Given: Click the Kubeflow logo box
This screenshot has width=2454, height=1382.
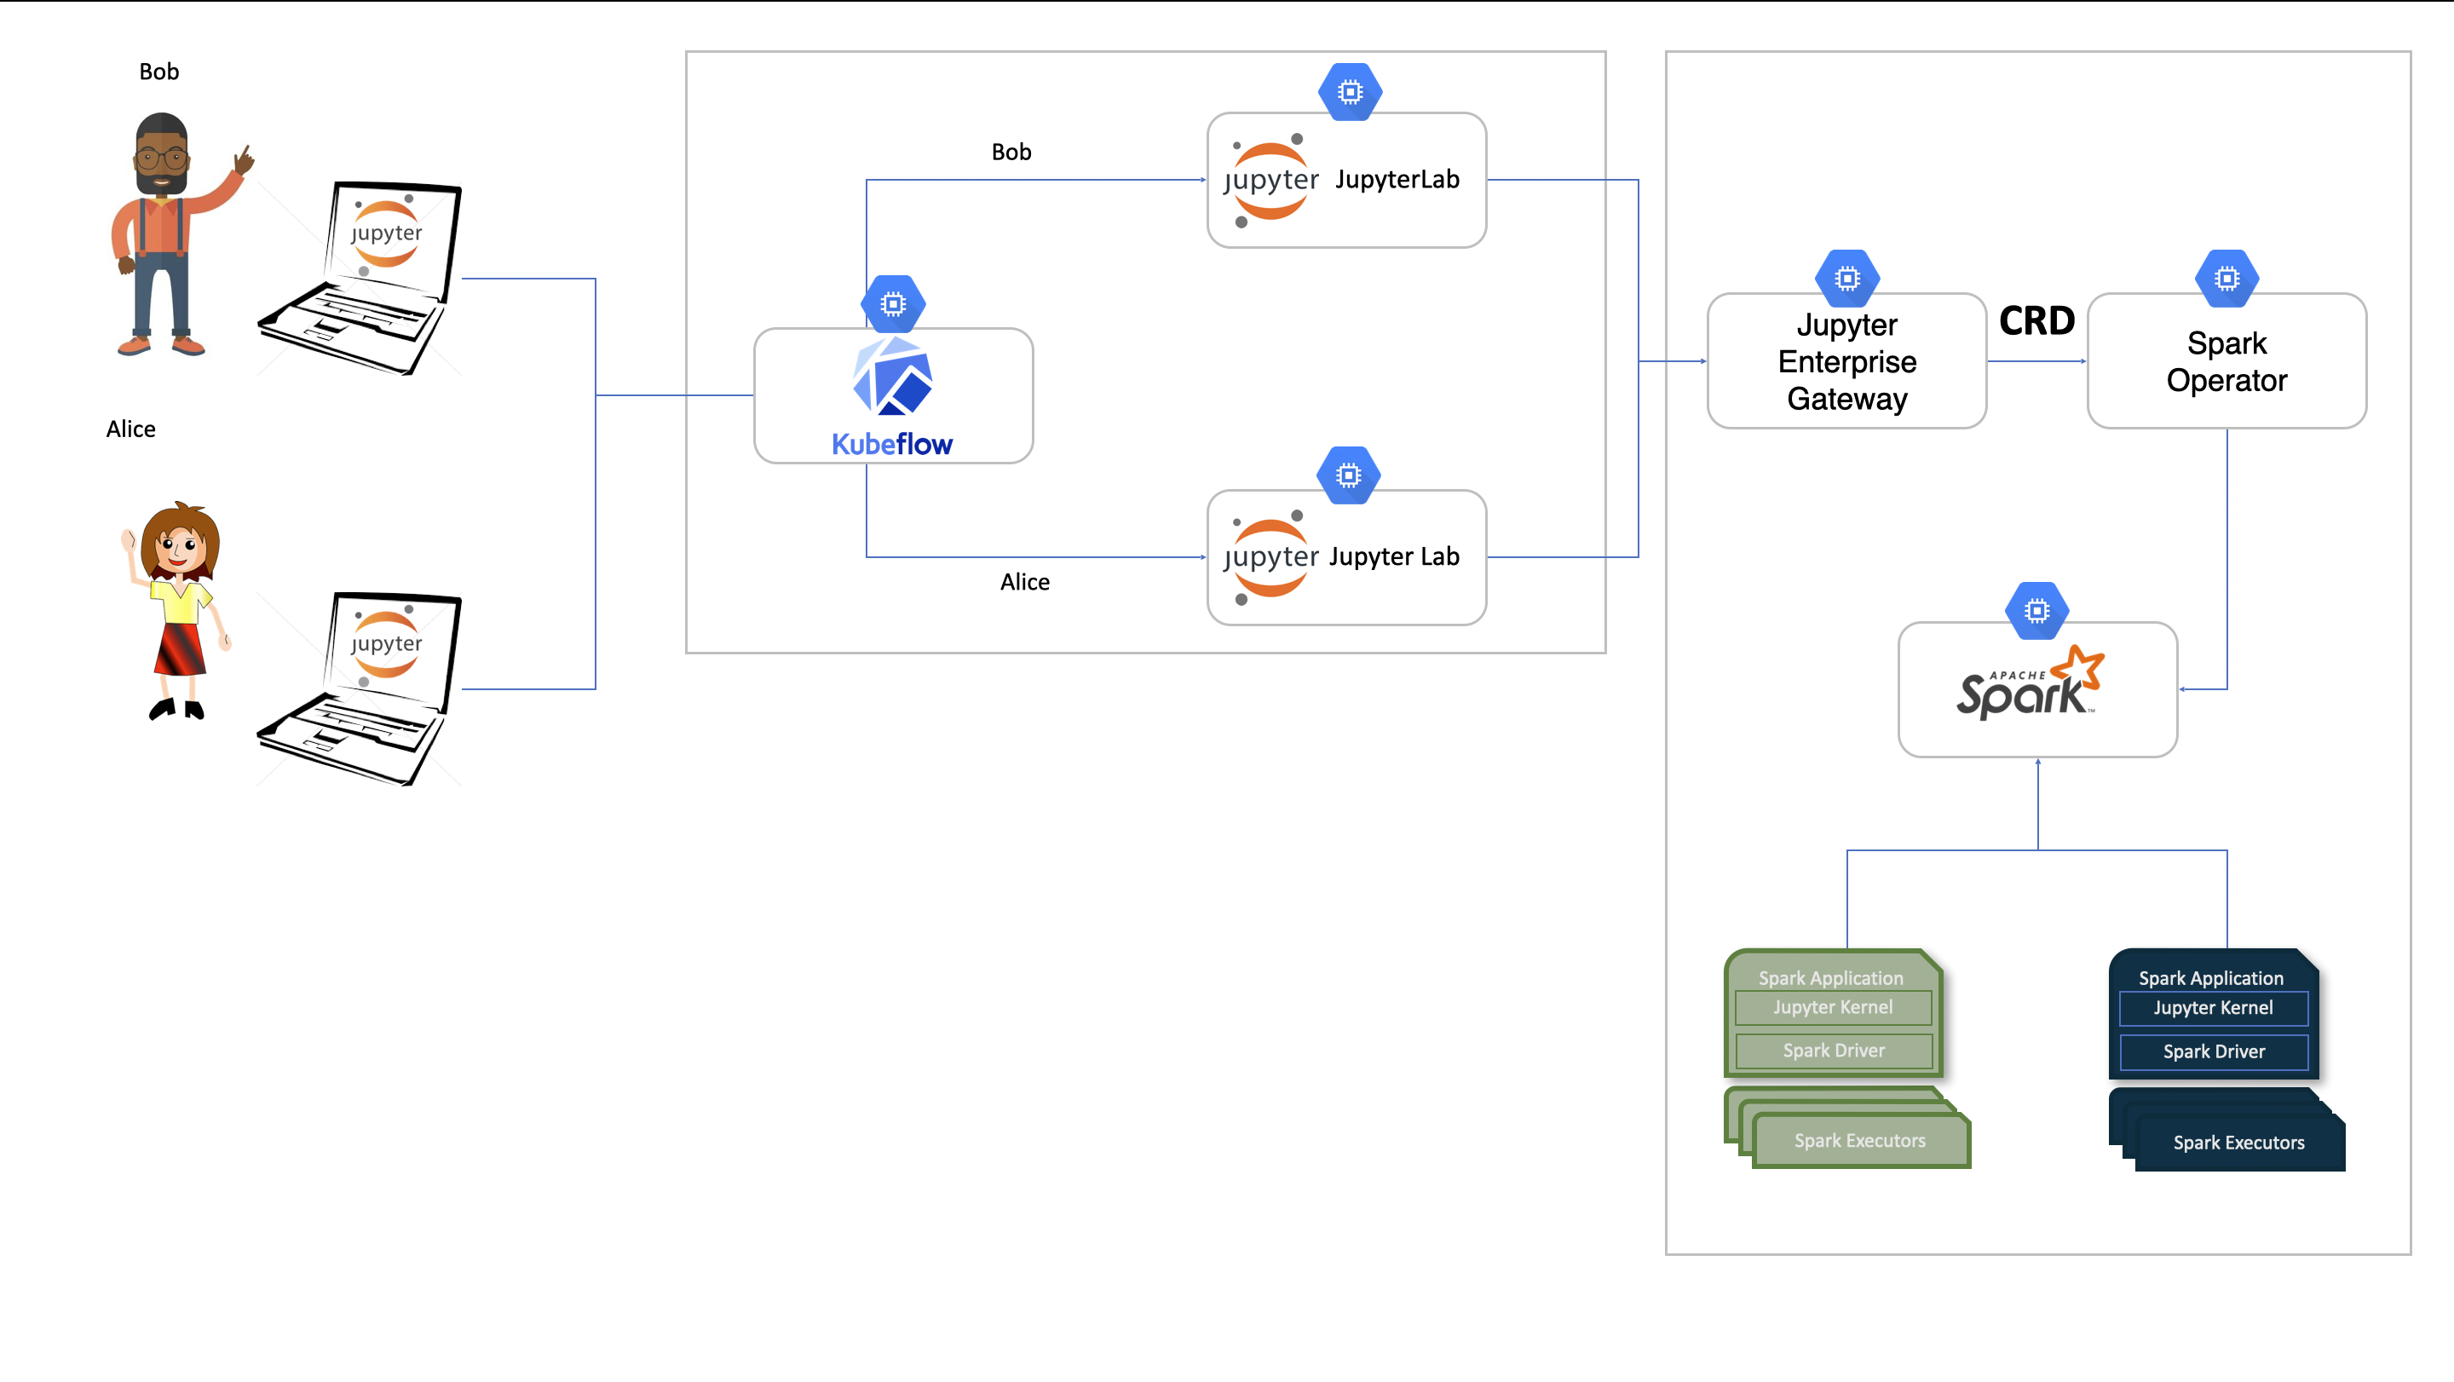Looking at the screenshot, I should (893, 395).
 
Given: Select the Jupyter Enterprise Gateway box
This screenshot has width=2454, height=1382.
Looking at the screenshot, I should (1846, 361).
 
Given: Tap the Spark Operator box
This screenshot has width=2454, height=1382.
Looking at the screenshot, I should (2226, 361).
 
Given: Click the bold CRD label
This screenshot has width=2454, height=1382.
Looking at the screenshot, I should (2036, 321).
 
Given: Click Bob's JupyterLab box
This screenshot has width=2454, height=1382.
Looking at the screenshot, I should (1346, 180).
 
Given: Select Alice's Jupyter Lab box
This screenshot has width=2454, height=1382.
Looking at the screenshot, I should (1346, 557).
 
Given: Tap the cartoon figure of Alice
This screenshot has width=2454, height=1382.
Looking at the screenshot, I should (179, 609).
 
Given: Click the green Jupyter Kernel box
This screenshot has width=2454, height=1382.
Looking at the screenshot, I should (1833, 1007).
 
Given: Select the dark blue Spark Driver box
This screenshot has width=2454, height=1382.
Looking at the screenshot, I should (2213, 1051).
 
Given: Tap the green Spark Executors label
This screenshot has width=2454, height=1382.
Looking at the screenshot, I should (1859, 1140).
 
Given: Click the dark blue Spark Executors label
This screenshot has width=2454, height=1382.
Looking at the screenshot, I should (2238, 1142).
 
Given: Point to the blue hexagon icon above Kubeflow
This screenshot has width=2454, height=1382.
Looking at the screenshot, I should (893, 304).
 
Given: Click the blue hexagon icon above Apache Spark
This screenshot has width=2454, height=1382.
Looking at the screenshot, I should (2036, 611).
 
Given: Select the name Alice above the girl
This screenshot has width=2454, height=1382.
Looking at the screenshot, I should (130, 429).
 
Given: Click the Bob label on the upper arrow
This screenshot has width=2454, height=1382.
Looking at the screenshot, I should (1011, 152).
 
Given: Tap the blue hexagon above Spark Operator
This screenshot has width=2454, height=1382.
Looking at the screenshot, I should (2226, 278).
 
